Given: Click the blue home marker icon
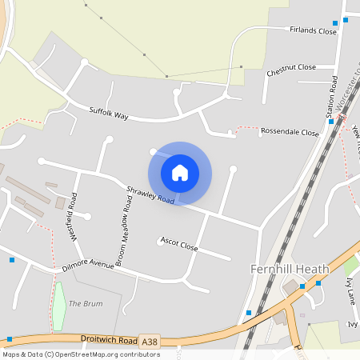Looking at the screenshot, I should point(180,173).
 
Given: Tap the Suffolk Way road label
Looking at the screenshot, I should point(109,114).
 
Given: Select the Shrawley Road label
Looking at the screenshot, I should point(150,194).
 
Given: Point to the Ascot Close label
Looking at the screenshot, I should point(178,243).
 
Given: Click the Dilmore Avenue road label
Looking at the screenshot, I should point(89,264).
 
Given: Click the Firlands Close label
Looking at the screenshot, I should point(313,30).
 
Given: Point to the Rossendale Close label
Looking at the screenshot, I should point(290,132).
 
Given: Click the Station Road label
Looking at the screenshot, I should point(334,98).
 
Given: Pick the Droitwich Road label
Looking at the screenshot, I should point(109,339).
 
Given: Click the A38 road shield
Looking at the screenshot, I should point(149,340).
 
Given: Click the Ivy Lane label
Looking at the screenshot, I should point(350,292).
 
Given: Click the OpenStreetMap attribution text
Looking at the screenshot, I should point(80,354).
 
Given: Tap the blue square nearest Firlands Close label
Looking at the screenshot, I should point(334,23).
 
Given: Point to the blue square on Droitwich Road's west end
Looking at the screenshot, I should point(9,339).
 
